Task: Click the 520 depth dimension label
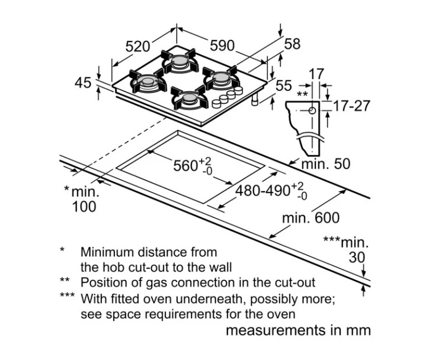[138, 47]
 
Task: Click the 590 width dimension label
[222, 45]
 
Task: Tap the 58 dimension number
[292, 44]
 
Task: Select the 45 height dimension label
[83, 82]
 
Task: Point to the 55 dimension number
[283, 85]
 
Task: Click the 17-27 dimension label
[352, 106]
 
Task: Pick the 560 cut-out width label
[193, 165]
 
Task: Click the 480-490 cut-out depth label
[271, 191]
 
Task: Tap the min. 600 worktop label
[310, 218]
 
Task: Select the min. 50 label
[325, 164]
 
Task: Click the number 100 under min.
[84, 206]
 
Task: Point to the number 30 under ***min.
[356, 257]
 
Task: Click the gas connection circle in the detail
[312, 110]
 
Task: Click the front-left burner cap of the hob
[148, 81]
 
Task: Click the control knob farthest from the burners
[216, 103]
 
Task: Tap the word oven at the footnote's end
[283, 314]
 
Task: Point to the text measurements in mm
[299, 330]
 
